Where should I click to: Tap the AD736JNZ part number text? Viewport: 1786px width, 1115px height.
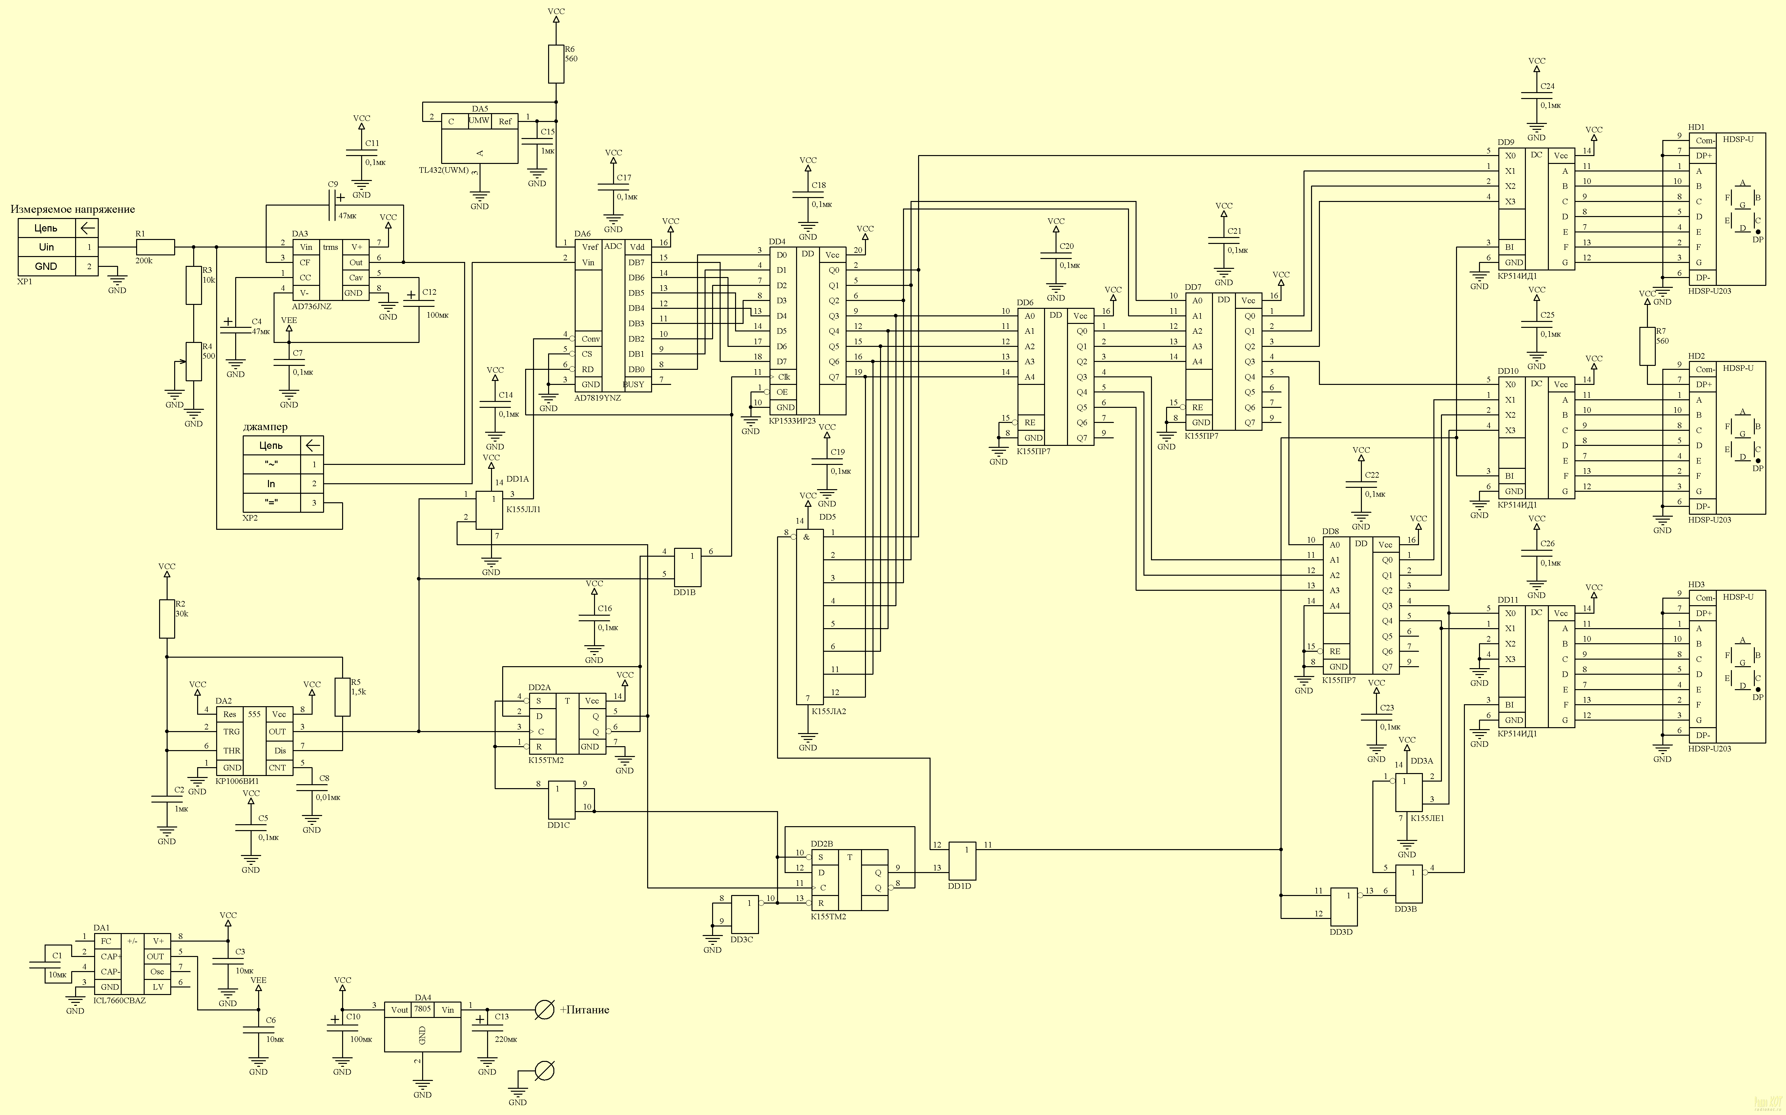[x=311, y=306]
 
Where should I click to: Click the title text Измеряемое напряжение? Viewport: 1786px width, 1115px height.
[x=73, y=209]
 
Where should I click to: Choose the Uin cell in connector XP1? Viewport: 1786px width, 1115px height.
[x=47, y=247]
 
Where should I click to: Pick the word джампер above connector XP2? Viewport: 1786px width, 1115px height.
[x=266, y=427]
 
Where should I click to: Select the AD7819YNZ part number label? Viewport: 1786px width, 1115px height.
[x=598, y=397]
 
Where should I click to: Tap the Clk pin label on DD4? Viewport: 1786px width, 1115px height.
[x=784, y=377]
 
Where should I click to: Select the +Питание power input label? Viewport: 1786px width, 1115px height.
[x=584, y=1009]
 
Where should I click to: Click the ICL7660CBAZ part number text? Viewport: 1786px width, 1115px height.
[x=119, y=1001]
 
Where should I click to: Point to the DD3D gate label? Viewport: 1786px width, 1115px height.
[x=1341, y=932]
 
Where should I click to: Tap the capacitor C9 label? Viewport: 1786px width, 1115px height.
[x=333, y=184]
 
